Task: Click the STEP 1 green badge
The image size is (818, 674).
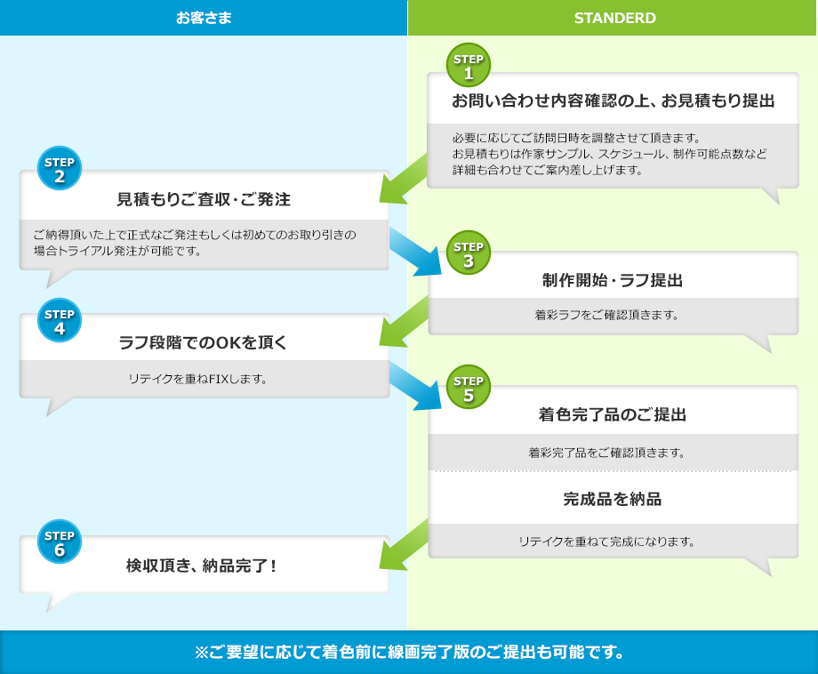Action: [x=469, y=66]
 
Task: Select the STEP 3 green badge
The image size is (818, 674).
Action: [x=469, y=253]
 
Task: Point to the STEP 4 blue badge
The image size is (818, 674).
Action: [x=59, y=320]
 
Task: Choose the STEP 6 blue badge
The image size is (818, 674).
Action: [x=59, y=542]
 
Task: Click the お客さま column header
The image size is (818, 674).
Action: [x=204, y=18]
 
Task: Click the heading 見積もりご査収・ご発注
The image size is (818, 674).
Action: [x=204, y=199]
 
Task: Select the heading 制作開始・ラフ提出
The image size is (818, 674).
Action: [x=613, y=280]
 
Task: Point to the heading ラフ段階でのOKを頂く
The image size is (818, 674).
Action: [x=204, y=341]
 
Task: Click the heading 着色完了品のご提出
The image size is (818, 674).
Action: [x=613, y=414]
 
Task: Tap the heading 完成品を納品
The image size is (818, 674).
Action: [x=613, y=499]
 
